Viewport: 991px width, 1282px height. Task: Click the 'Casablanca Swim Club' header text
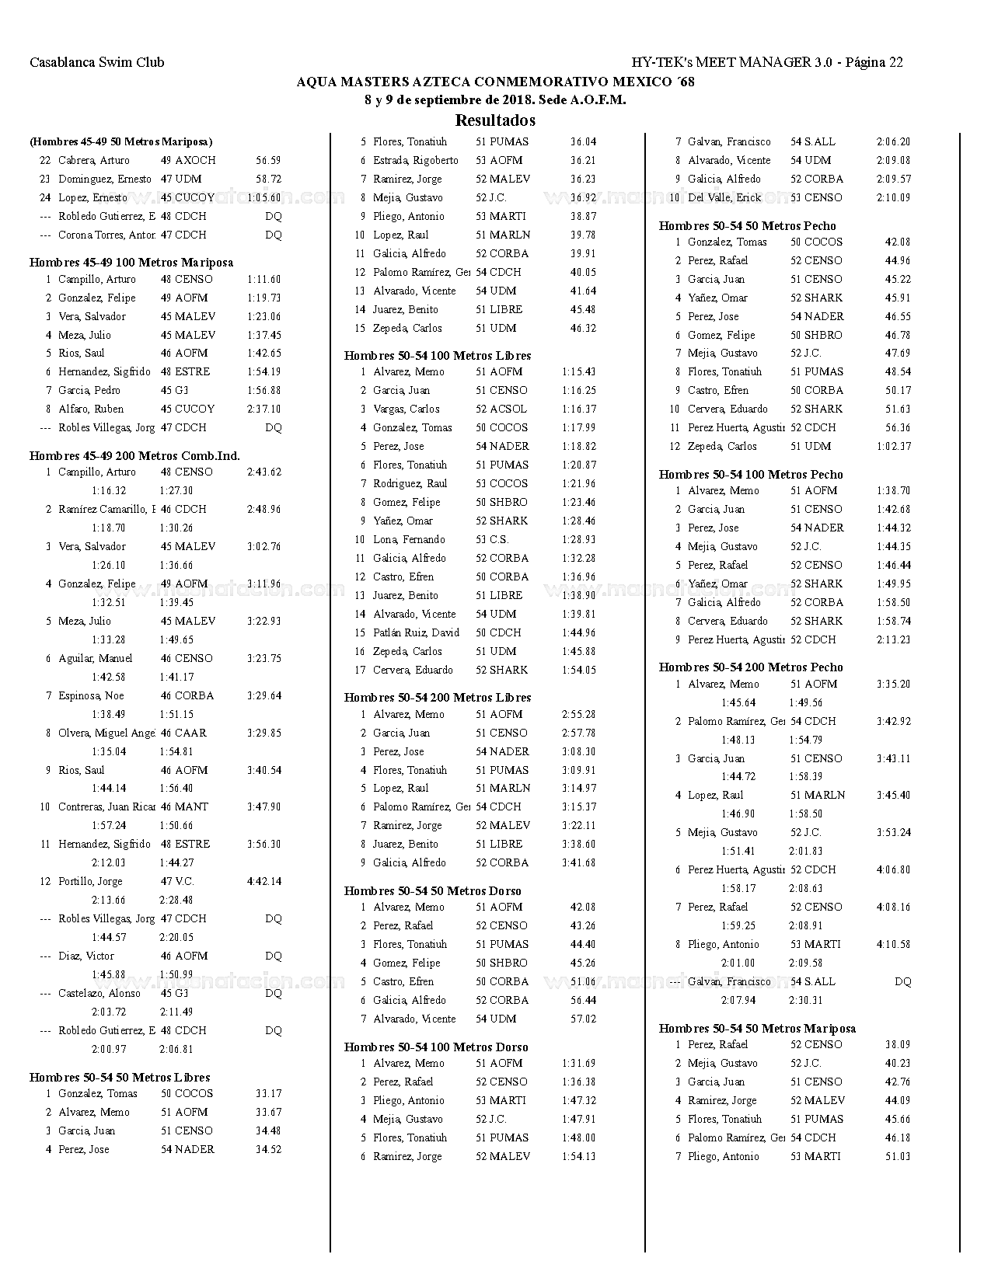pos(97,63)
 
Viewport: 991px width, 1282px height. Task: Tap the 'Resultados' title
pos(495,120)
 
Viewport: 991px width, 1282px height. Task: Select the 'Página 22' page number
pos(874,63)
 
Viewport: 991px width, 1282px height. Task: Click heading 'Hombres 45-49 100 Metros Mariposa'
pos(131,263)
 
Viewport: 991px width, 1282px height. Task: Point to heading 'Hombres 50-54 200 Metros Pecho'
pos(751,667)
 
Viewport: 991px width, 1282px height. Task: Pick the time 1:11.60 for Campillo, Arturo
pos(264,280)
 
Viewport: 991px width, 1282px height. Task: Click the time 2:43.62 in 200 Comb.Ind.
pos(264,472)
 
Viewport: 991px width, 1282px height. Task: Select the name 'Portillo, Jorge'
pos(90,882)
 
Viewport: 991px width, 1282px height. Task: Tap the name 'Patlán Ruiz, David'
pos(416,633)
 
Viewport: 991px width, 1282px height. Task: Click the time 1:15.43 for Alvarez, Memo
pos(579,372)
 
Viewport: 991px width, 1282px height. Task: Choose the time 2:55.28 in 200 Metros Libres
pos(579,715)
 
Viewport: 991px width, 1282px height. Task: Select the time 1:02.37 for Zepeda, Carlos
pos(894,447)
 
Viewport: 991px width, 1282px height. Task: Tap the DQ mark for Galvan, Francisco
pos(902,982)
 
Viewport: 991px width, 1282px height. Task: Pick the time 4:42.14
pos(264,882)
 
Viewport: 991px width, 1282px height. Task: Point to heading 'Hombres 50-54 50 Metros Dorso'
pos(433,891)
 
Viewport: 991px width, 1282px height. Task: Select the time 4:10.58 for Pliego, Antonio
pos(894,945)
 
